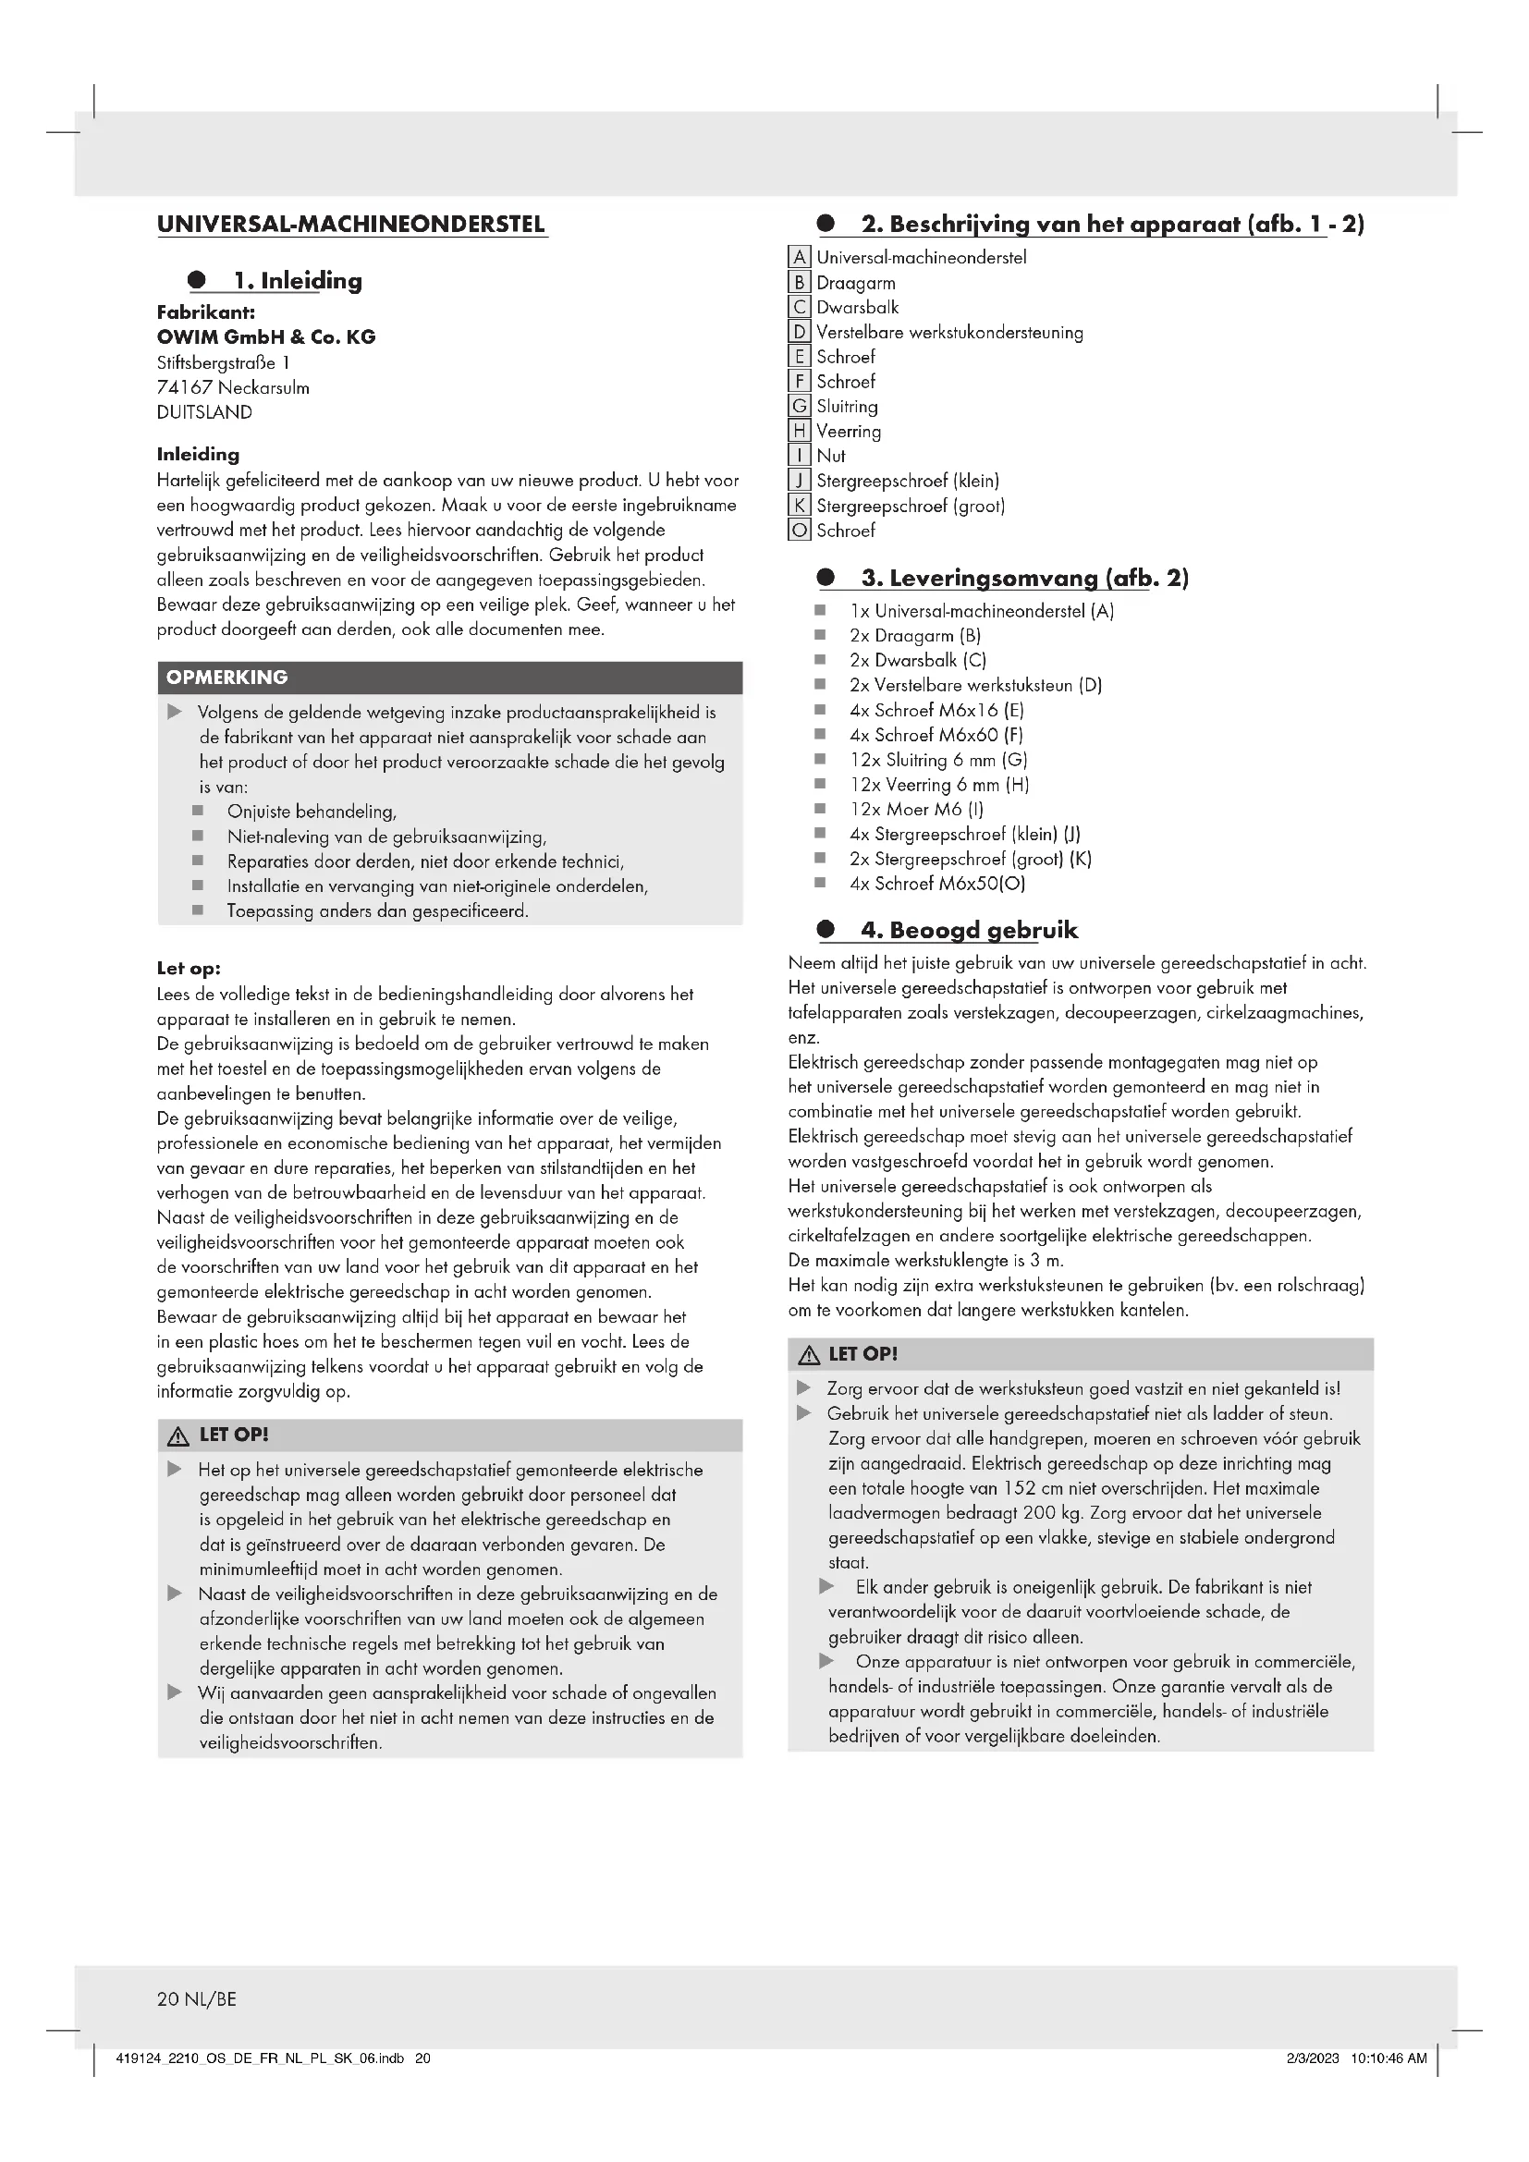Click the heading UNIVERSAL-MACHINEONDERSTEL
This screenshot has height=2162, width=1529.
point(351,225)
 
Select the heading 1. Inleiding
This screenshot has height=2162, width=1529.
point(298,281)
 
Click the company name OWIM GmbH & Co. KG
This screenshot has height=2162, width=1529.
point(265,337)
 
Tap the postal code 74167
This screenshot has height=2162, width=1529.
point(185,388)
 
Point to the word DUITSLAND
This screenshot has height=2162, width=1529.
point(204,412)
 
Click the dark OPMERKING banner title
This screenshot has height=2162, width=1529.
point(226,678)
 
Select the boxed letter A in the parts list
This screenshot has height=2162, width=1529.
point(800,257)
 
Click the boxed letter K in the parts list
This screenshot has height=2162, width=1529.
point(800,506)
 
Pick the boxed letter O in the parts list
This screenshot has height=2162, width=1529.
point(800,531)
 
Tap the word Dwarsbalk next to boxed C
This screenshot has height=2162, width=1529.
point(858,308)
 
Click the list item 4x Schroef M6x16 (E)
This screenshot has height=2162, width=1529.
point(936,711)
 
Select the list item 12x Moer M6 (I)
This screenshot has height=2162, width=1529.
point(916,810)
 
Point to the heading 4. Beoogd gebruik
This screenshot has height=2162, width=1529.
point(969,931)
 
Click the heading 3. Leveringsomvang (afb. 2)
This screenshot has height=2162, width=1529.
point(1024,578)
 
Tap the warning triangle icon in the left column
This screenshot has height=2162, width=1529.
point(177,1437)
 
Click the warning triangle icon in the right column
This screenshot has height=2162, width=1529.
point(808,1356)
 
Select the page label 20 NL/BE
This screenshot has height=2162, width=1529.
point(197,1999)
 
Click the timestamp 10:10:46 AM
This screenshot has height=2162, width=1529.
point(1388,2058)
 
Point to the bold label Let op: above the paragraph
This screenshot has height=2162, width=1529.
point(189,969)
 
